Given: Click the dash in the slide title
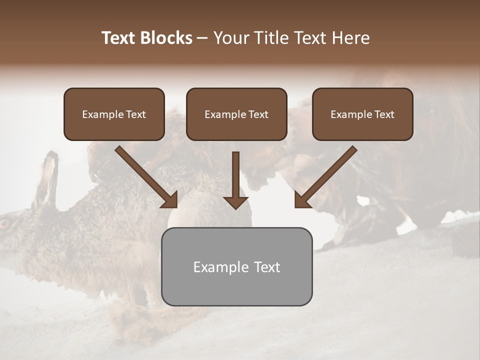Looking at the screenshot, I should (x=202, y=38).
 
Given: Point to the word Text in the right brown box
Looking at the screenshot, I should (x=384, y=114).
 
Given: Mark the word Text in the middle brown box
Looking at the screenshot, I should (x=258, y=114).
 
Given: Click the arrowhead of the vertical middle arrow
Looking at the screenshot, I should (x=235, y=202).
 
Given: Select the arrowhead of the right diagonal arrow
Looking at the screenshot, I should (x=302, y=200).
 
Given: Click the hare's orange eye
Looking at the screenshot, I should (x=4, y=223).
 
